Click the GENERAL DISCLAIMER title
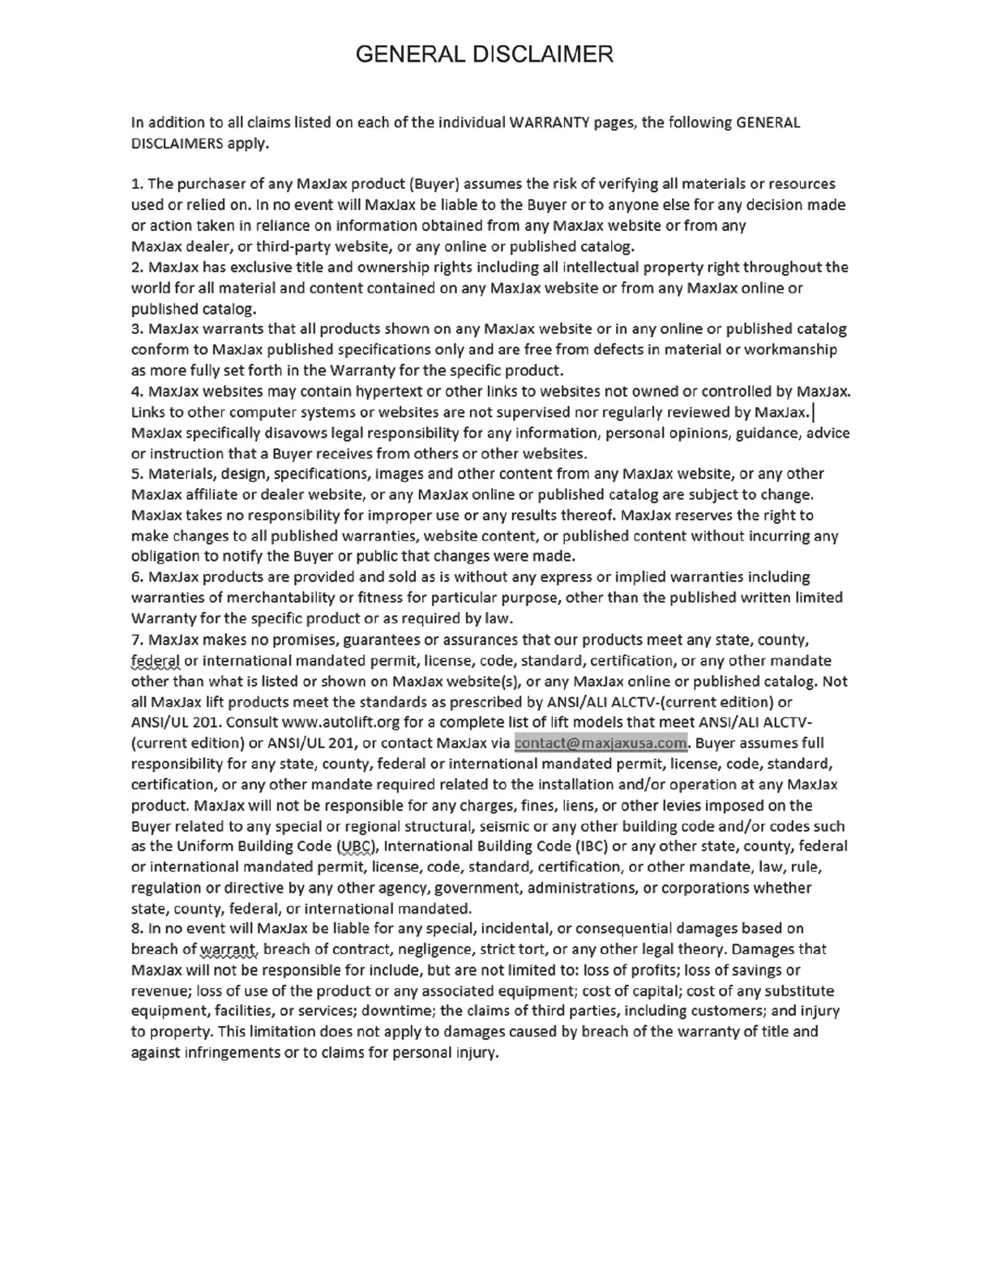click(485, 54)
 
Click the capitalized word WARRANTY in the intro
click(549, 122)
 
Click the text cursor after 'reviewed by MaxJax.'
click(813, 413)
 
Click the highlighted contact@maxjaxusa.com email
click(601, 743)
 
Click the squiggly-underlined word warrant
click(229, 949)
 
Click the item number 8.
click(136, 928)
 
